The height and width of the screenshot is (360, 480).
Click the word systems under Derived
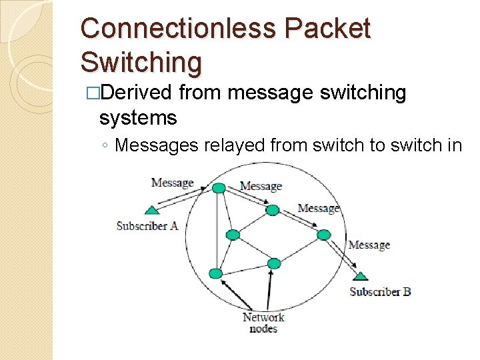click(137, 119)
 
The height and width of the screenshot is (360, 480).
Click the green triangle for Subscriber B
click(360, 275)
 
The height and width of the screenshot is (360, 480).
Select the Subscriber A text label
click(147, 226)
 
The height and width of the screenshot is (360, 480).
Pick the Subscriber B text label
click(380, 291)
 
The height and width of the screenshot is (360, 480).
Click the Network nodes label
click(263, 323)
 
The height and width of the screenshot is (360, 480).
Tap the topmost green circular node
click(219, 189)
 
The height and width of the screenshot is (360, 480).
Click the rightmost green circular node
click(323, 235)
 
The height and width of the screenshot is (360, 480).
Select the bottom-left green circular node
click(215, 273)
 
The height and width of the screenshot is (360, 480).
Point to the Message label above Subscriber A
click(172, 182)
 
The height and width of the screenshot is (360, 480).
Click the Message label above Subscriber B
click(369, 245)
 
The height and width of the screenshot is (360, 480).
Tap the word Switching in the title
click(141, 62)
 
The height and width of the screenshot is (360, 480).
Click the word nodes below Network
click(263, 329)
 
